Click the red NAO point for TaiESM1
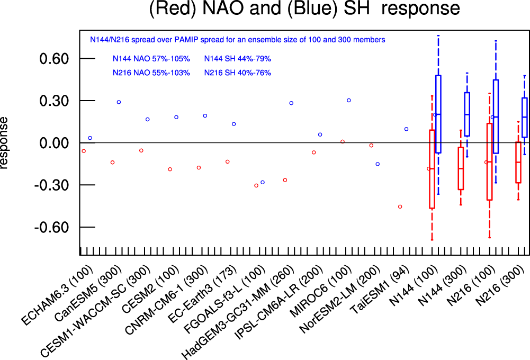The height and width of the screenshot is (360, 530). [x=400, y=206]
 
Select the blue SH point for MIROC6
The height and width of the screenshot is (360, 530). [x=348, y=100]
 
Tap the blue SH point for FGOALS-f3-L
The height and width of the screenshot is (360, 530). [x=262, y=182]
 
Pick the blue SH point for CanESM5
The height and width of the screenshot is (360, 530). [x=119, y=102]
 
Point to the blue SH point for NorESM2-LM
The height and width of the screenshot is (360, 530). [x=378, y=164]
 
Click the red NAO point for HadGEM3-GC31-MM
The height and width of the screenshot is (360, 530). [x=285, y=180]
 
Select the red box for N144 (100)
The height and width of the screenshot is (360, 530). [x=432, y=169]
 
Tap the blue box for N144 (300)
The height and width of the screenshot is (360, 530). [x=467, y=114]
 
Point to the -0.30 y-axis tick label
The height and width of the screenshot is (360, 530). [x=52, y=185]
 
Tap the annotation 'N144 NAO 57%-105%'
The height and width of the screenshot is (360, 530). [x=151, y=59]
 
